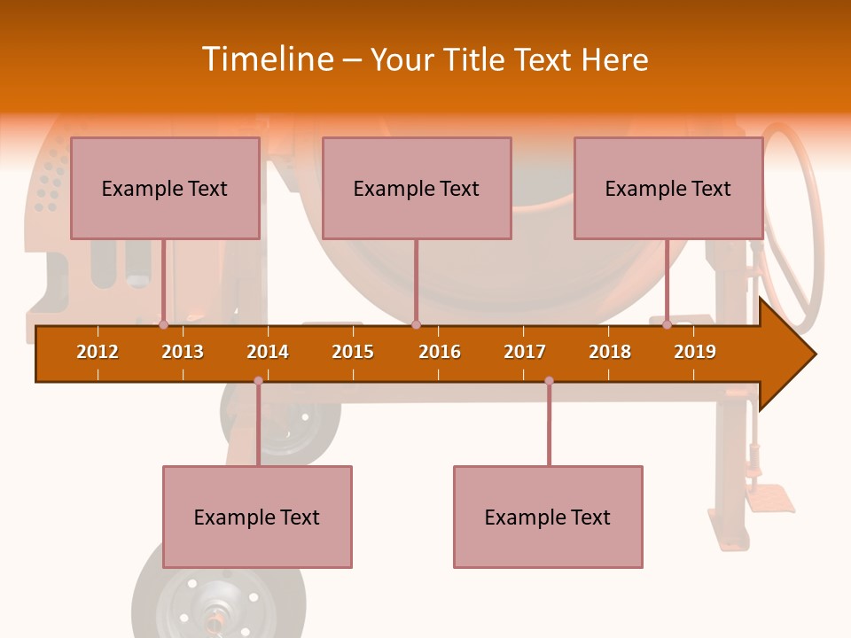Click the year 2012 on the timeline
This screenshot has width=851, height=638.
click(x=98, y=352)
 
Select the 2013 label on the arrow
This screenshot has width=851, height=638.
click(x=183, y=352)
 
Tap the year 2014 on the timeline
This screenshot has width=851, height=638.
click(x=268, y=352)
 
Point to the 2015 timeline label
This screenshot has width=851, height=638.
click(x=353, y=352)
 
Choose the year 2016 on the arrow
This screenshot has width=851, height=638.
click(x=440, y=352)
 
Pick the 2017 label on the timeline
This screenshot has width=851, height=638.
click(x=525, y=352)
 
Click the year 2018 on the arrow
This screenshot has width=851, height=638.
click(x=610, y=352)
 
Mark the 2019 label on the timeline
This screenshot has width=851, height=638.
click(x=695, y=352)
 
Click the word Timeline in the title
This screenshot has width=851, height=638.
click(x=266, y=59)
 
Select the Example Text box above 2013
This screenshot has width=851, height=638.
click(x=165, y=188)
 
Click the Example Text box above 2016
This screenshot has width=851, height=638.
click(x=417, y=188)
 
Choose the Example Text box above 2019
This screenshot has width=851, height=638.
click(x=668, y=188)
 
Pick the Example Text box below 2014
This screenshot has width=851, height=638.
click(x=257, y=517)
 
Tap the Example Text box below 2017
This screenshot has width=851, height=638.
click(x=548, y=517)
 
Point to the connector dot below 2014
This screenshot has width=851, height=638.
click(x=258, y=381)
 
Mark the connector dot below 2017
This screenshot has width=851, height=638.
click(x=549, y=381)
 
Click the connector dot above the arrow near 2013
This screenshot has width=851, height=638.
click(x=164, y=325)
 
